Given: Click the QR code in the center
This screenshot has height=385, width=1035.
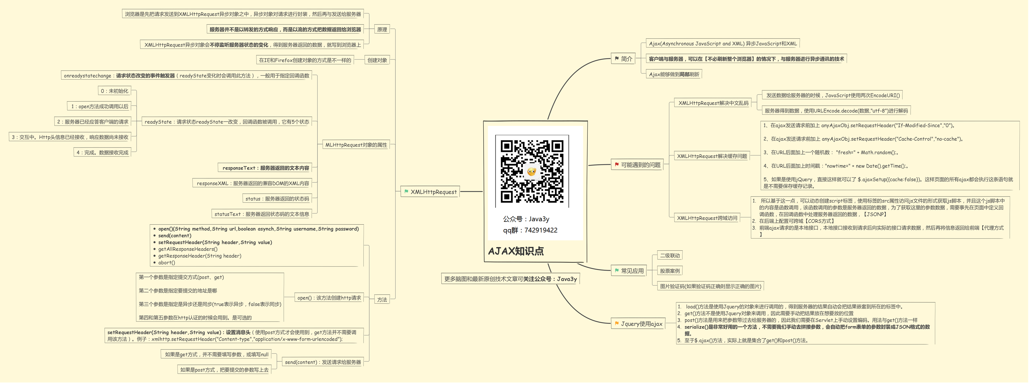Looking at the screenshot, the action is point(532,172).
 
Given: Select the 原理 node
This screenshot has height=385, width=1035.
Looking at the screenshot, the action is point(382,29).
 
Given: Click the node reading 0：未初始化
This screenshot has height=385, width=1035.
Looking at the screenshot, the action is point(114,91).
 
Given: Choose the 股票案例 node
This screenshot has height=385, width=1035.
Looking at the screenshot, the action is point(670,271).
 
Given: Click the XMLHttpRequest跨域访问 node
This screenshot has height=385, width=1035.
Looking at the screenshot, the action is point(707,218).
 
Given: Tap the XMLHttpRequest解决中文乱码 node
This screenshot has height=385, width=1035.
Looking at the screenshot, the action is point(713,103).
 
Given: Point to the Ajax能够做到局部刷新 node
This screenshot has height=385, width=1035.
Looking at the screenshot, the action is point(674,74).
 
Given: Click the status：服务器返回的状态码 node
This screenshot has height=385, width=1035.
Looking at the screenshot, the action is point(277,199).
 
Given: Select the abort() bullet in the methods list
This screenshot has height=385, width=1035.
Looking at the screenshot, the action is point(166,262).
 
